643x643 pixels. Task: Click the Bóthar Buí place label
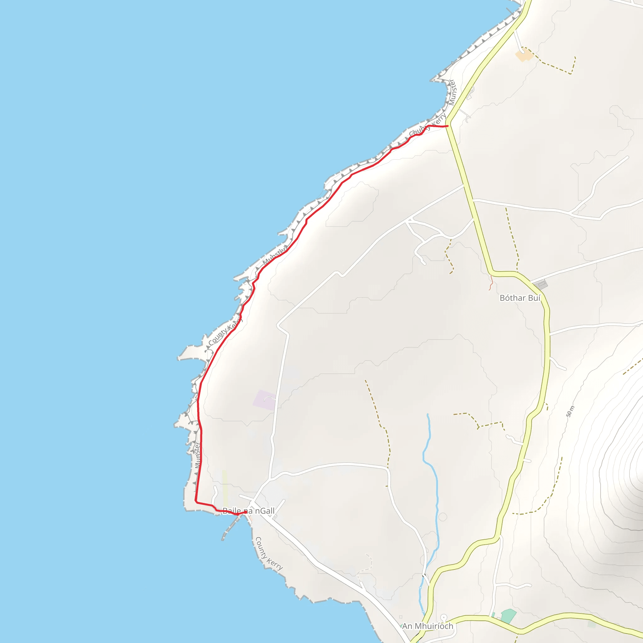(x=520, y=298)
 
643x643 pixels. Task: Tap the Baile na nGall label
(x=249, y=511)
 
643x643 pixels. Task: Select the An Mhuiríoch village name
(x=427, y=626)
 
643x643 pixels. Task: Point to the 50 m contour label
(x=570, y=411)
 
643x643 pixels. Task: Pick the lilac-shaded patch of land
(x=265, y=400)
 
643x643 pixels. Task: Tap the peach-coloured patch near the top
(x=524, y=55)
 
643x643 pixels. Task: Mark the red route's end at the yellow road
(x=447, y=126)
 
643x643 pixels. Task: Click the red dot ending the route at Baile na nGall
(x=246, y=512)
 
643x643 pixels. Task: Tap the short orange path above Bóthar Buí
(x=491, y=283)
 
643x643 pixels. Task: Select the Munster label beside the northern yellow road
(x=452, y=92)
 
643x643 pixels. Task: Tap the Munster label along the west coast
(x=197, y=455)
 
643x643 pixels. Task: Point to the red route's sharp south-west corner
(x=196, y=501)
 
